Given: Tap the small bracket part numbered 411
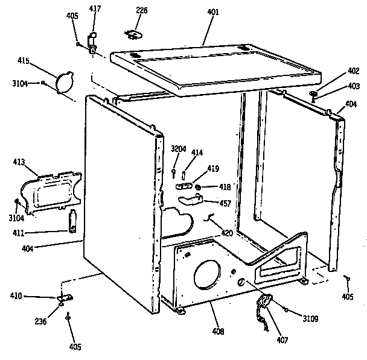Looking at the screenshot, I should coord(72,221).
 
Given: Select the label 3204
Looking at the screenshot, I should coord(178,149).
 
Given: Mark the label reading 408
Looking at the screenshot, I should coord(218,332).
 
